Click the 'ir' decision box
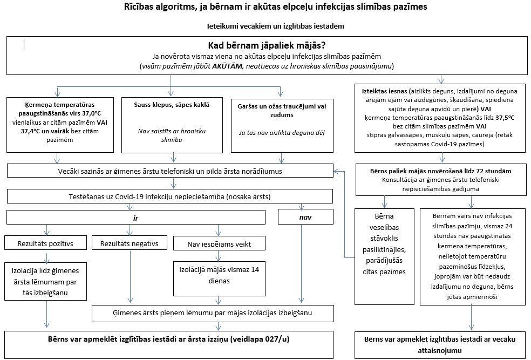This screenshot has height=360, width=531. (x=136, y=218)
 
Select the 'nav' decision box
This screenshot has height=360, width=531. (x=305, y=217)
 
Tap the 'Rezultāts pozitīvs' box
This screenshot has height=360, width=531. (x=45, y=243)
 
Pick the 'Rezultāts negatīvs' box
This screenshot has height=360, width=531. (x=130, y=243)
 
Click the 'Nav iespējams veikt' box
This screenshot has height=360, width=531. (x=219, y=243)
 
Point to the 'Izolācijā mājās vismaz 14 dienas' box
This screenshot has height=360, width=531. (x=219, y=279)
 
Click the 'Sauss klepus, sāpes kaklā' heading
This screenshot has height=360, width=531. (x=172, y=105)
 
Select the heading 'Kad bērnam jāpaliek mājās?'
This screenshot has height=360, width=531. (x=267, y=45)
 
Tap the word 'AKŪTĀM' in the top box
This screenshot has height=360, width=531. (x=227, y=66)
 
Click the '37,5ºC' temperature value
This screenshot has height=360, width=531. (x=505, y=118)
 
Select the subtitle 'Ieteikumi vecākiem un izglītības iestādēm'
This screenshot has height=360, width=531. (x=276, y=26)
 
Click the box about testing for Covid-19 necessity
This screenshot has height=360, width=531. (x=169, y=196)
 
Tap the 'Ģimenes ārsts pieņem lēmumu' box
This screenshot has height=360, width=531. (x=213, y=313)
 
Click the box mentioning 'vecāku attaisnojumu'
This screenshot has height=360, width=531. (x=440, y=345)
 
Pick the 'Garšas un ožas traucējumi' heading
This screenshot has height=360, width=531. (x=282, y=111)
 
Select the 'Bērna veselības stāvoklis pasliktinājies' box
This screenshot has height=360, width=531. (x=384, y=256)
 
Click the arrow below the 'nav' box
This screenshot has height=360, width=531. (x=302, y=263)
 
